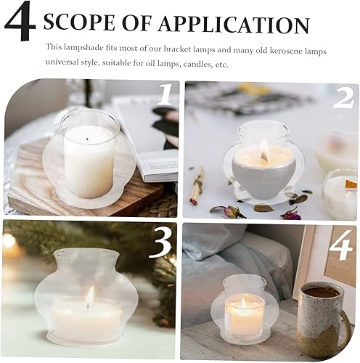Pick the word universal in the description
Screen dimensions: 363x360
(62, 64)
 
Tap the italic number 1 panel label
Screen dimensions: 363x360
(165, 95)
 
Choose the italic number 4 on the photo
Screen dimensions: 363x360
(340, 248)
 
